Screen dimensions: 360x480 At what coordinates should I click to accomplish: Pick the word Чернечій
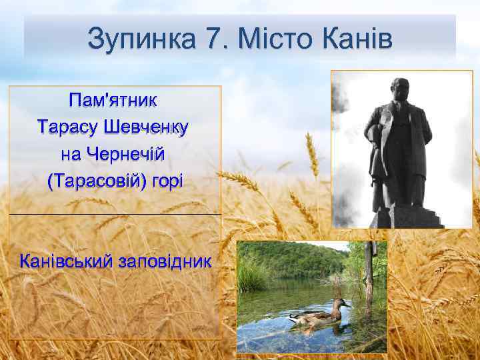131,154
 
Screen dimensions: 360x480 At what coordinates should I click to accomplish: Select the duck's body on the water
313,317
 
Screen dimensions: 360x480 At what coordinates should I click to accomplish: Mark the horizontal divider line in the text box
114,214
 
